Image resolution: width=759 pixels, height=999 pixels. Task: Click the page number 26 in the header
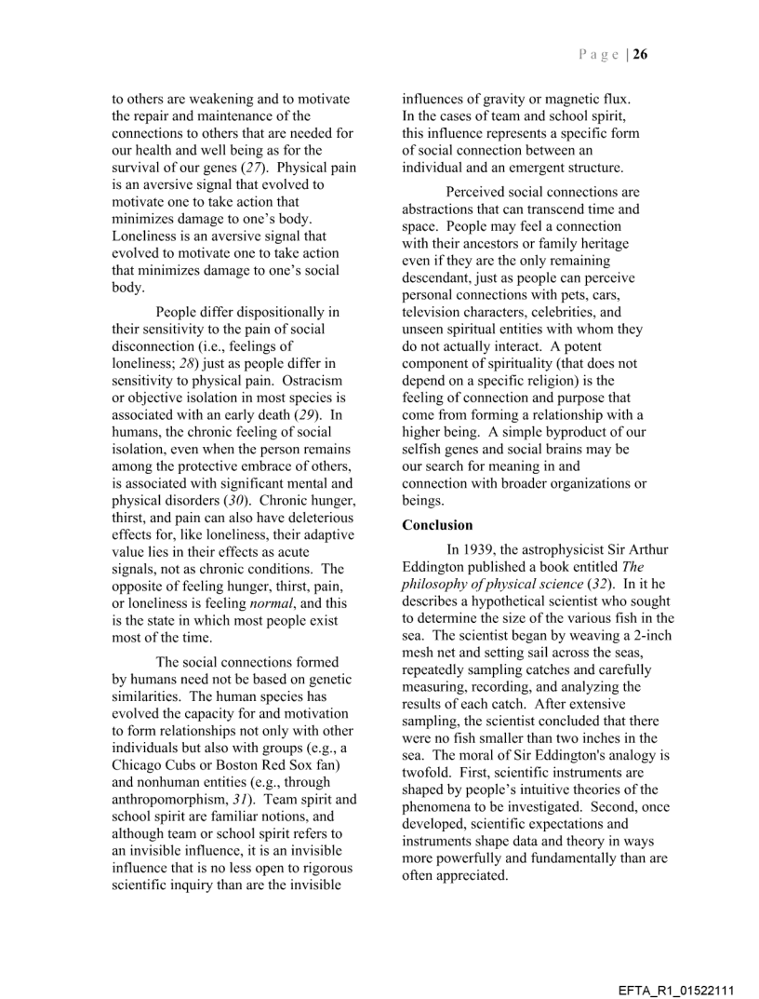pos(641,54)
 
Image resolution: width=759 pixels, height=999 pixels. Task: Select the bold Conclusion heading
pos(437,525)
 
